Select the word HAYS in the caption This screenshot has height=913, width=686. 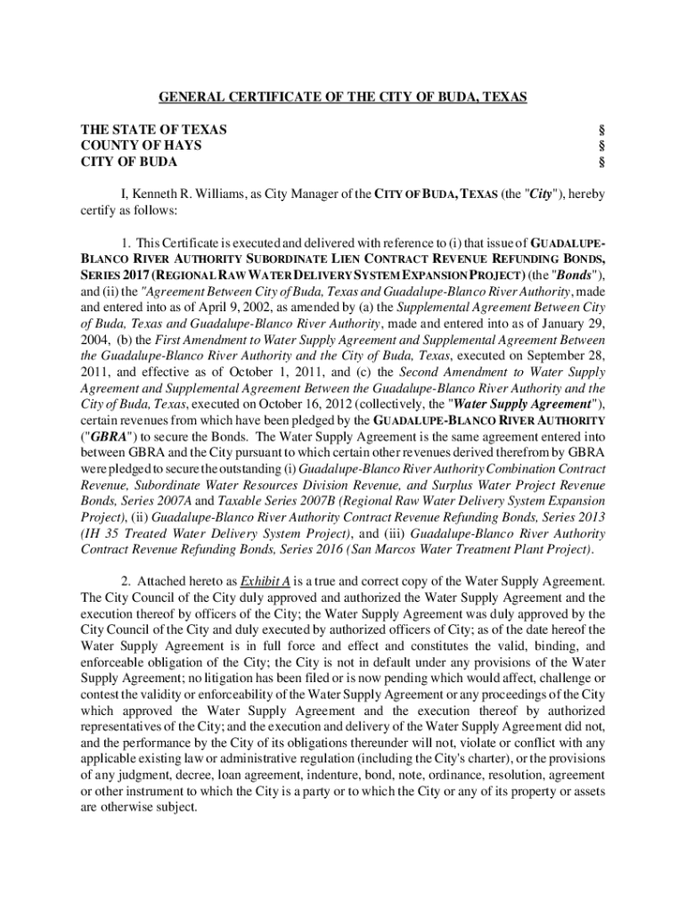[184, 145]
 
